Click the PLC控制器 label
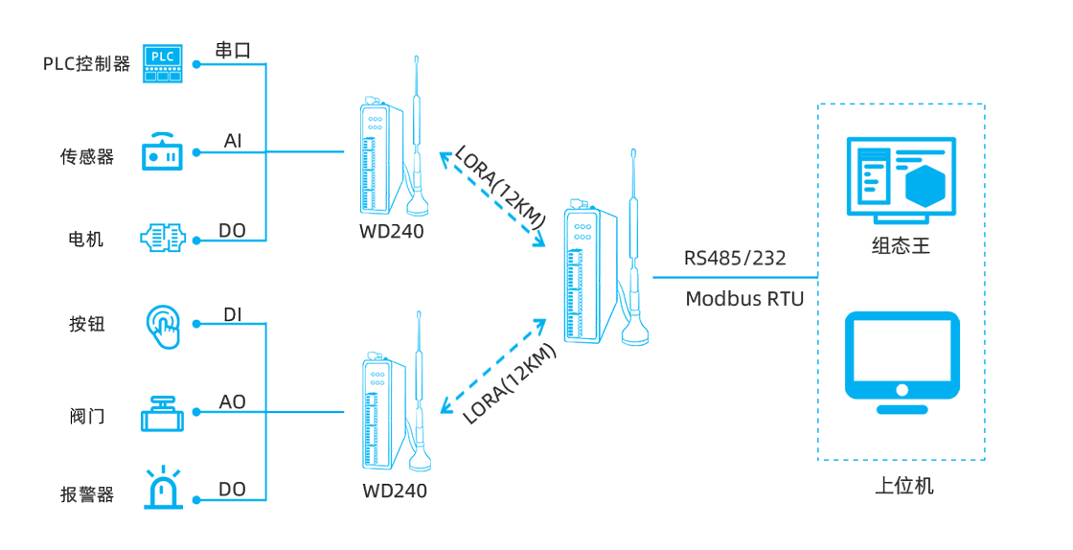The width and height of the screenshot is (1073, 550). (86, 64)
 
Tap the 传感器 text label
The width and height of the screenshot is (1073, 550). (87, 157)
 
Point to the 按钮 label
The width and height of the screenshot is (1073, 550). (87, 325)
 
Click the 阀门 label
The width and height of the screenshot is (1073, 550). (87, 416)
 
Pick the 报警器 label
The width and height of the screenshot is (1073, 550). (87, 494)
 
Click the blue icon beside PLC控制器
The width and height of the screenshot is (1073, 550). (163, 63)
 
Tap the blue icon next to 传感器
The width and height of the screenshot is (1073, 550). (162, 151)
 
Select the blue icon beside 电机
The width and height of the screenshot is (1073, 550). (163, 238)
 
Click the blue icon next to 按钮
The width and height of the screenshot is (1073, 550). (163, 327)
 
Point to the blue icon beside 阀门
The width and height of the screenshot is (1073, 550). (162, 414)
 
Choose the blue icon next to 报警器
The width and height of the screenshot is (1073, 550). (163, 487)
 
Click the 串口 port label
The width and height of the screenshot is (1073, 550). (233, 50)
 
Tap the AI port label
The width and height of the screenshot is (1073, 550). (233, 142)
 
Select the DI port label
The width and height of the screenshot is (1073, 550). (233, 314)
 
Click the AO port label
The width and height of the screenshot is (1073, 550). (233, 402)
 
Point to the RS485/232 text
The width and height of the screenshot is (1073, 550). (735, 258)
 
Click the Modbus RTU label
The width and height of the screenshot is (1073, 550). (744, 299)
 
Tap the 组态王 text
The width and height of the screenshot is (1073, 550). (901, 245)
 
